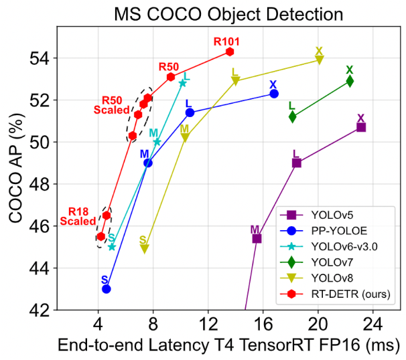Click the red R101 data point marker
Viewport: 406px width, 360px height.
point(230,52)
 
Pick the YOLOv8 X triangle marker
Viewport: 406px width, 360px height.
point(319,60)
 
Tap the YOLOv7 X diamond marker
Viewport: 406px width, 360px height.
point(350,81)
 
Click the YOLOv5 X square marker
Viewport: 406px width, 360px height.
point(361,127)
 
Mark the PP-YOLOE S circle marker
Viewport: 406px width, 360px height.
point(106,288)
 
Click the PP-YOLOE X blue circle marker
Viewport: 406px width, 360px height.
point(274,94)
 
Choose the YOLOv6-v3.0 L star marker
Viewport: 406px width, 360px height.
point(182,83)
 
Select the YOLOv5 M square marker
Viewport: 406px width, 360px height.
point(257,238)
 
